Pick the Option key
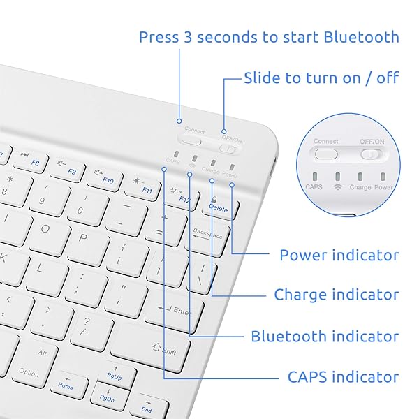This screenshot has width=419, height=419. tap(28, 372)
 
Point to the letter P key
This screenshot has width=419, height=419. tap(82, 237)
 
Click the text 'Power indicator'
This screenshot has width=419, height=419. tap(339, 255)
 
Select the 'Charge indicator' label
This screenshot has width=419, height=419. tap(336, 295)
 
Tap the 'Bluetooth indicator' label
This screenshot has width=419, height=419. tap(325, 336)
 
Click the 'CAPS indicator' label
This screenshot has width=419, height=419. tap(343, 377)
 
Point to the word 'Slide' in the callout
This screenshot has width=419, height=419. tap(262, 78)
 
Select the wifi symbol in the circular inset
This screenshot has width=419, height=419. tap(338, 187)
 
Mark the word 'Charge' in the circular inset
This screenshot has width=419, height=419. tap(360, 187)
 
